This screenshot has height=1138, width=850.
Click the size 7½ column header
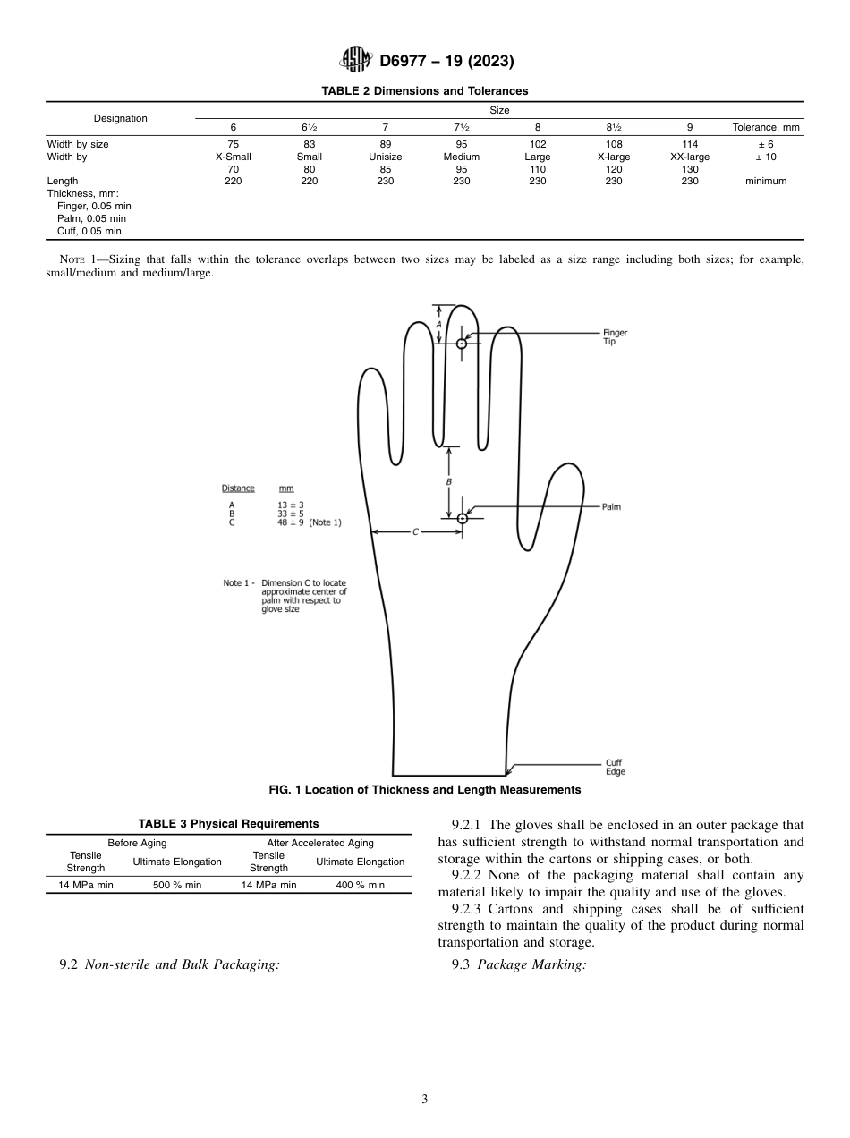click(462, 127)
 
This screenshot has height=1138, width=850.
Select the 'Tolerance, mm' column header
click(766, 127)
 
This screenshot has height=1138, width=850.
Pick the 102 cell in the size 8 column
click(538, 144)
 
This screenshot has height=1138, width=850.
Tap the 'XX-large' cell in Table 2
click(689, 157)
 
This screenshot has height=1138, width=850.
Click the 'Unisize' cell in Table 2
click(386, 157)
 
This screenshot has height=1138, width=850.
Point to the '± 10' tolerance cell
click(766, 157)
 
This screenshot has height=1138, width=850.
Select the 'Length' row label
click(63, 181)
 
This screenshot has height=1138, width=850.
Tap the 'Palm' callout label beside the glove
click(611, 507)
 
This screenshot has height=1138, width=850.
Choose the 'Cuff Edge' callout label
click(615, 767)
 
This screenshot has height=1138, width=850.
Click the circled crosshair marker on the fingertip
click(462, 344)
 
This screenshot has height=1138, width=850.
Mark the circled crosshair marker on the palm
click(463, 519)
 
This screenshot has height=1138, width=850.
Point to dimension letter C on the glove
click(415, 531)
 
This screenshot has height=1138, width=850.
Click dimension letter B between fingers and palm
click(449, 482)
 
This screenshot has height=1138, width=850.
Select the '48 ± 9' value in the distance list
click(290, 522)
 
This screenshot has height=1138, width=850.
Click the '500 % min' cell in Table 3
click(177, 885)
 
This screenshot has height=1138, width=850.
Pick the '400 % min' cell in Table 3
click(360, 885)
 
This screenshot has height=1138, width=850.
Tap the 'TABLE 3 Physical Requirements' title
click(228, 823)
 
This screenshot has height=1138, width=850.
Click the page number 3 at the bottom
click(425, 1100)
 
